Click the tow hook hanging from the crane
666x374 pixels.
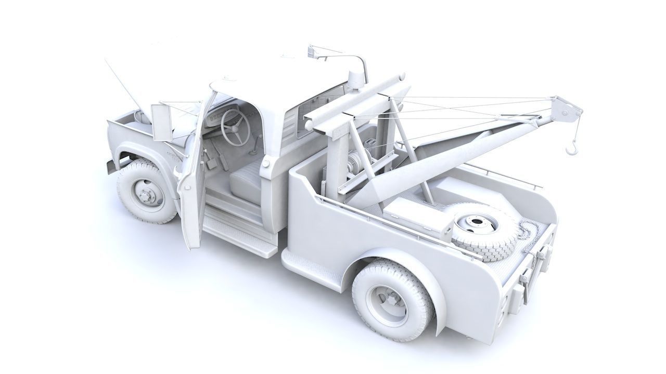(x=572, y=149)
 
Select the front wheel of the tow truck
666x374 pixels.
(x=146, y=191)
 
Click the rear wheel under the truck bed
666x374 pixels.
(x=393, y=300)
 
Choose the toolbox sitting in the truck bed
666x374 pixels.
(x=416, y=213)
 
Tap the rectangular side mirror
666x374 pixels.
(x=162, y=123)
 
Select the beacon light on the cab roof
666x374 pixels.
(x=356, y=78)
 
